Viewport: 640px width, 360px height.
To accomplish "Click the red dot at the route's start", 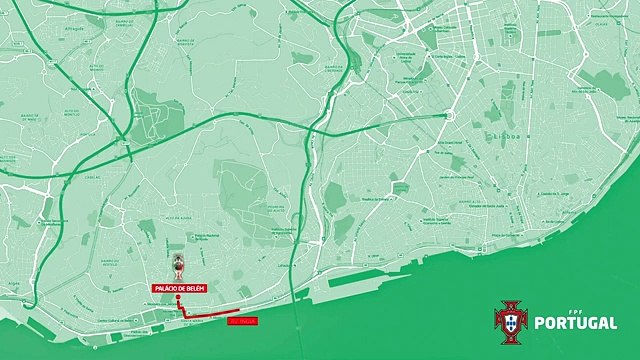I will [177, 298].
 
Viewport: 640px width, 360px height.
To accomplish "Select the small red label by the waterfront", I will [243, 321].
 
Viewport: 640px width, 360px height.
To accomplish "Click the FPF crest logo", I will [510, 322].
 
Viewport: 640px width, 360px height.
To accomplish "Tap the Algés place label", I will [13, 284].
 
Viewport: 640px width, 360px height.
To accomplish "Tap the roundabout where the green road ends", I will [446, 116].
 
